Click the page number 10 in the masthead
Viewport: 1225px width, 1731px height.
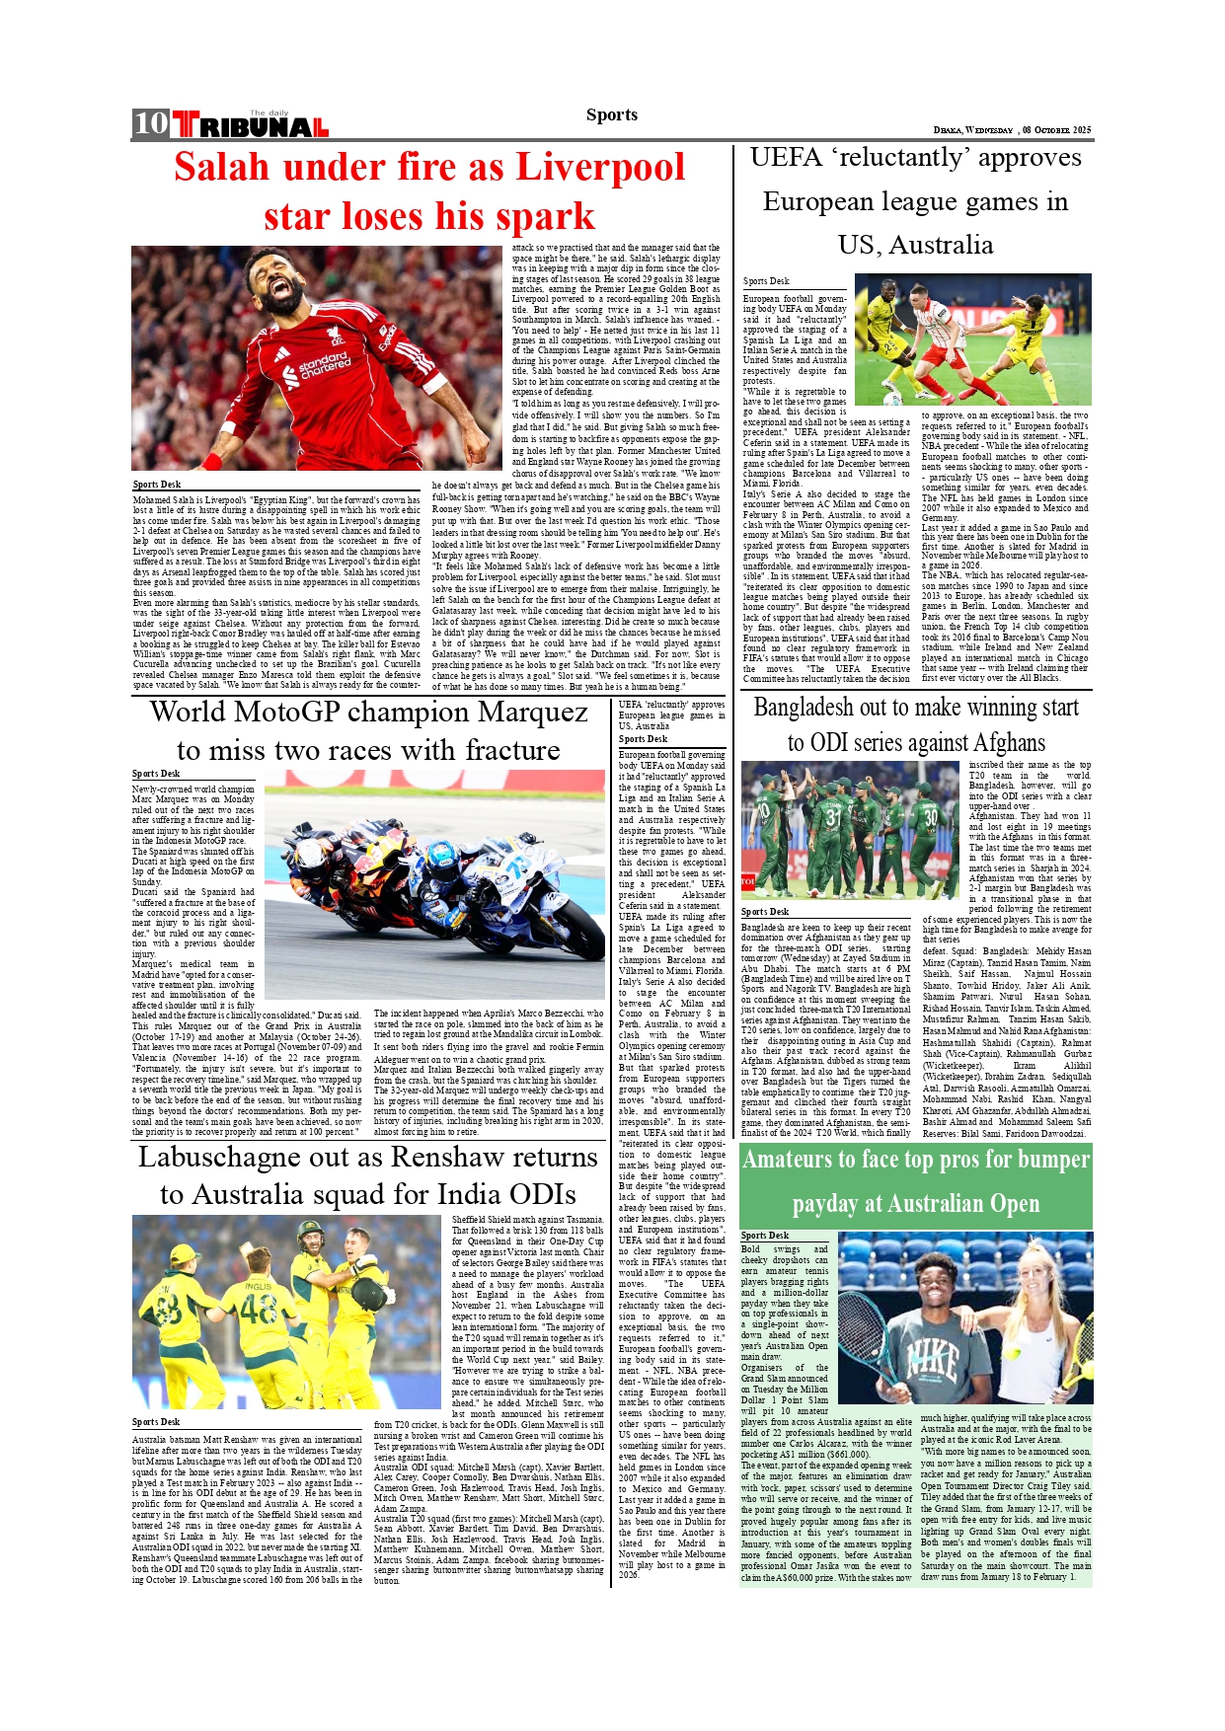point(151,123)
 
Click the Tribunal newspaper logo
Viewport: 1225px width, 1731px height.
point(251,125)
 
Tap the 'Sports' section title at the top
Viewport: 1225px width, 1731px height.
point(611,114)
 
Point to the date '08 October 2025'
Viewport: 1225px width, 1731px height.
point(1056,130)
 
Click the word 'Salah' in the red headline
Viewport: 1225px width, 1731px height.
point(221,167)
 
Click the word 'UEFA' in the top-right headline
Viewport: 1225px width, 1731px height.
point(786,158)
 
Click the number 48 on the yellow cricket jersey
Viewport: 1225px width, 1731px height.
point(259,1309)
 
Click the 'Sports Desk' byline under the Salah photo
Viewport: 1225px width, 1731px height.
point(157,485)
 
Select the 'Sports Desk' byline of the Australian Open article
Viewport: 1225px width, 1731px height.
point(765,1236)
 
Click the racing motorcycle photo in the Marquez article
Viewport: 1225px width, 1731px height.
point(434,884)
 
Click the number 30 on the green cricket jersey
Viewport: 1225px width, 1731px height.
point(929,816)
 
